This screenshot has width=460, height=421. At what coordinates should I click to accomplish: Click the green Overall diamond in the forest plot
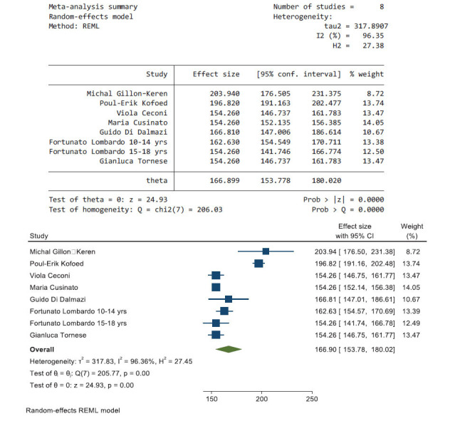pos(228,349)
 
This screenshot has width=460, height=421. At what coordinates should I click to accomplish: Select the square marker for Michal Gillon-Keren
pos(266,251)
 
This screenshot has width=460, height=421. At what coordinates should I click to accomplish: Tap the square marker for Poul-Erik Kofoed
pos(258,263)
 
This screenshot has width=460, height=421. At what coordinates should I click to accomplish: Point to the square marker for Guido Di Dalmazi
pos(228,299)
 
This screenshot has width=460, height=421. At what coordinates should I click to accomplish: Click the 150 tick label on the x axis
pos(211,399)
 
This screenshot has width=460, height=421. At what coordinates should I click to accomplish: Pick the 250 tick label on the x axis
pos(311,399)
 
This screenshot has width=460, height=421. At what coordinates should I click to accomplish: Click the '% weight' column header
pos(367,74)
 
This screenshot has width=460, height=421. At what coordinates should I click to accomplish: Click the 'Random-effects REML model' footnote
pos(73,411)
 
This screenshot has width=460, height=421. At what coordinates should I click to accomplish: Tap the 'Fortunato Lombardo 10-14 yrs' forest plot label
pos(78,311)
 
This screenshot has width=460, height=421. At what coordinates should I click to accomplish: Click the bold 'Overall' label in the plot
pos(42,350)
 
